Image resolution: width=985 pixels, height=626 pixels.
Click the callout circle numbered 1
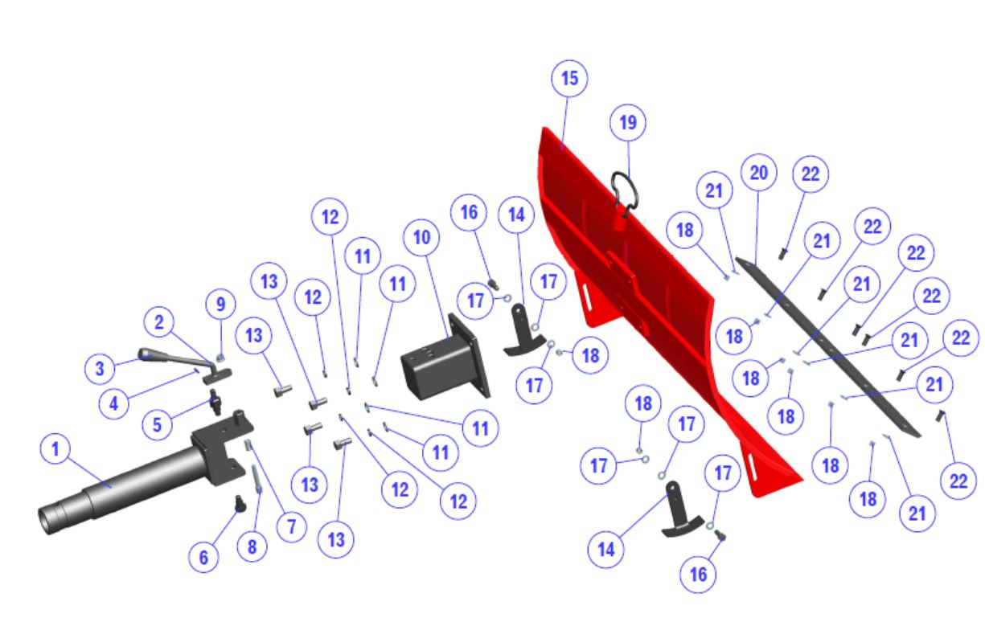coord(55,449)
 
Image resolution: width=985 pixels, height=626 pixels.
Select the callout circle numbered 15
coord(569,78)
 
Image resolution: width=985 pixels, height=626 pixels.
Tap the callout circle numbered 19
coord(628,123)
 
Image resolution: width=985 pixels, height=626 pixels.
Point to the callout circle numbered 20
coord(758,172)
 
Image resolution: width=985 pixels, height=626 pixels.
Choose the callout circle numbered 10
coord(421,237)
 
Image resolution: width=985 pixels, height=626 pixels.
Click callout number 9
coord(221,305)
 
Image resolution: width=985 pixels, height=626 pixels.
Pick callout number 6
coord(203,558)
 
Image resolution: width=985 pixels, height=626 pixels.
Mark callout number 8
coord(252,547)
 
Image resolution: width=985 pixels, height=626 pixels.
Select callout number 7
coord(292,526)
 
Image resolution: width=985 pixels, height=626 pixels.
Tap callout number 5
coord(157,424)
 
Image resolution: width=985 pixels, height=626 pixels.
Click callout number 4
coord(113,403)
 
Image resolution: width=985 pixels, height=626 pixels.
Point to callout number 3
coord(100,368)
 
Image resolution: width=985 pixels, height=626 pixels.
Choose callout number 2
coord(159,322)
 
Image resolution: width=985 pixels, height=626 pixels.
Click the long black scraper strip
coord(827,347)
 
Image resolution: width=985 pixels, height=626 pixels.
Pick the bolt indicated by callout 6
coord(240,503)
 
